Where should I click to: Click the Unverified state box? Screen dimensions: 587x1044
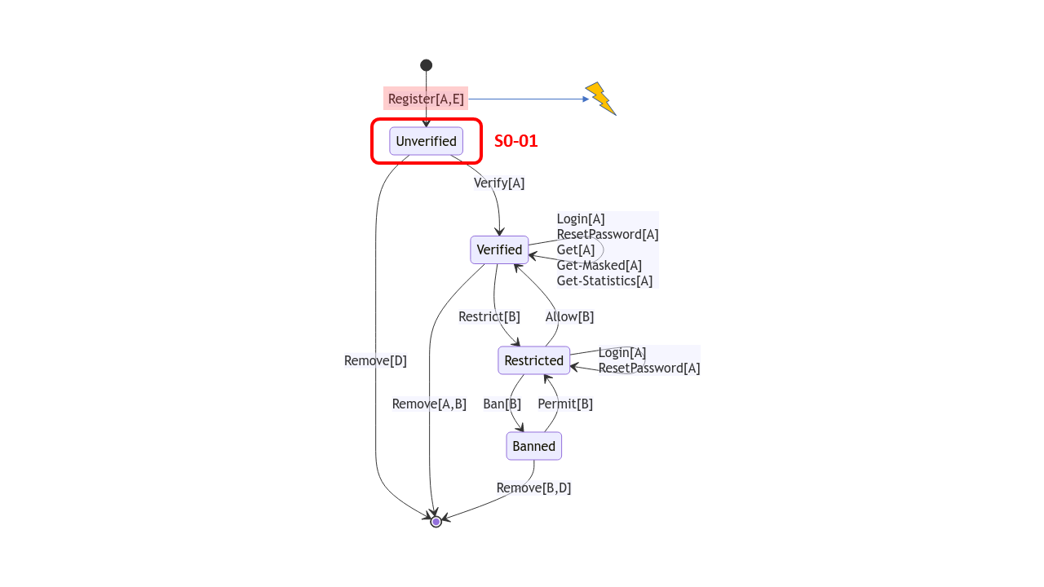point(426,141)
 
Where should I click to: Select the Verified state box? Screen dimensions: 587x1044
point(499,249)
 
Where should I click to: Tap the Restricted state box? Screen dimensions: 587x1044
point(533,360)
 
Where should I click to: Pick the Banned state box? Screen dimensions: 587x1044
point(533,446)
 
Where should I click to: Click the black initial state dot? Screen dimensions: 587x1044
point(426,65)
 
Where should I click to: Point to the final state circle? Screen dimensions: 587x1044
point(436,522)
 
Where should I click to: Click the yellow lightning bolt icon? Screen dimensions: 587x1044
point(600,99)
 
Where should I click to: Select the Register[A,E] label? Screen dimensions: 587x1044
point(426,99)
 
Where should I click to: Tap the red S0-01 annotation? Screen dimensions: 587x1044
point(515,141)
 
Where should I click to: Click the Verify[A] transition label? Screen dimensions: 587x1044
point(499,183)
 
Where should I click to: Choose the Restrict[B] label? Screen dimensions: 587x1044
point(489,316)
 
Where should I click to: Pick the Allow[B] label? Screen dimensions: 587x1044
point(569,316)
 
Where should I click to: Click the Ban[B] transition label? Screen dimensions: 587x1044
point(502,404)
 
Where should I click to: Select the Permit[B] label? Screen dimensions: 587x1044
point(565,404)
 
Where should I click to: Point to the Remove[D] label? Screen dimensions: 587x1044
point(375,360)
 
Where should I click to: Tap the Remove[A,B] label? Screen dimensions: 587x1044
point(429,404)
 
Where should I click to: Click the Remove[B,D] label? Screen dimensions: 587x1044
point(533,488)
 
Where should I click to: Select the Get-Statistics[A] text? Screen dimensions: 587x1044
point(604,280)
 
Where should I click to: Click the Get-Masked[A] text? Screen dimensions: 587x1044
point(599,265)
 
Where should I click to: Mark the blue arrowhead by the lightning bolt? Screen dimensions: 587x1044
point(586,99)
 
